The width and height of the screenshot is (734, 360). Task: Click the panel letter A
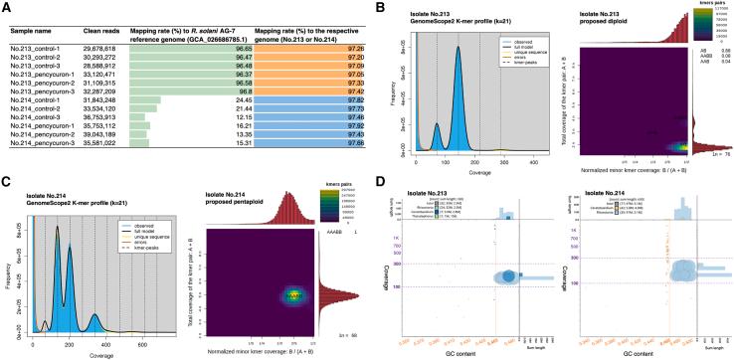[x=7, y=8]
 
